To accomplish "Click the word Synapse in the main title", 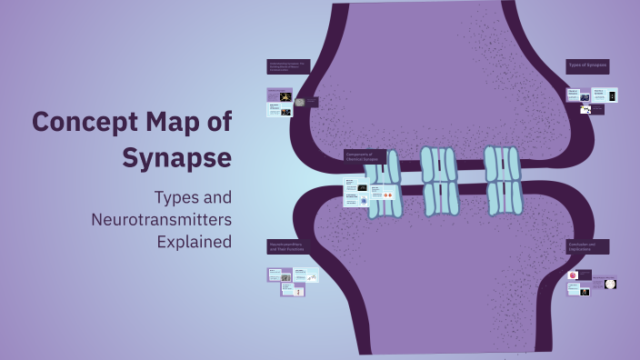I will (x=176, y=156).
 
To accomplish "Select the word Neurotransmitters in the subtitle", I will (x=161, y=219).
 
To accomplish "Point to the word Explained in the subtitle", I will (x=194, y=242).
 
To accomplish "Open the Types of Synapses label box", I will (x=587, y=66).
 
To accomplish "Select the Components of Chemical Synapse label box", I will (x=365, y=157).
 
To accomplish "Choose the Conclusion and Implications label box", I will (x=587, y=246).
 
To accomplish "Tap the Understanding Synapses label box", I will (x=288, y=66).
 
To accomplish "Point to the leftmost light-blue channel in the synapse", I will (x=385, y=185).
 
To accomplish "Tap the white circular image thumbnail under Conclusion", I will (x=610, y=284).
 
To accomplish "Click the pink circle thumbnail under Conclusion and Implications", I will (x=574, y=275).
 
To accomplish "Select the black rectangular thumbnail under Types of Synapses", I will (x=611, y=95).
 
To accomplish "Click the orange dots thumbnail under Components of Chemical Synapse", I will (x=388, y=195).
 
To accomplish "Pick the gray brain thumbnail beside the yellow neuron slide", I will (x=300, y=102).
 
